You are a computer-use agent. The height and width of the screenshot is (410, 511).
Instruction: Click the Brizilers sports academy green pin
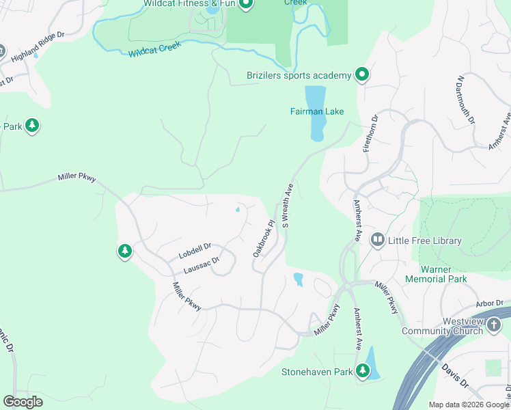361,74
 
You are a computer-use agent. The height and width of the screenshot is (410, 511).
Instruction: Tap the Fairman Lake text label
317,111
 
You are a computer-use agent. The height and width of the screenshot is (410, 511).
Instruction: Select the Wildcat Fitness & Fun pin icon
246,5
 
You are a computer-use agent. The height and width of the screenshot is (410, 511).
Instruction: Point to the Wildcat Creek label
154,52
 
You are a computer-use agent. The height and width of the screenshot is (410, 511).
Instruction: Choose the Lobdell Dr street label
195,251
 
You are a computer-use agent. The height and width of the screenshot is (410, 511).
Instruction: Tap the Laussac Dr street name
200,265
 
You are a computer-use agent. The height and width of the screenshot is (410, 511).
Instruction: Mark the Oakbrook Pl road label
263,238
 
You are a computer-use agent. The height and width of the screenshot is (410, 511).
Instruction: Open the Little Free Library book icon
377,240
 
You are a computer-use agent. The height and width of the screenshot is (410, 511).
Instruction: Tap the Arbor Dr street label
489,303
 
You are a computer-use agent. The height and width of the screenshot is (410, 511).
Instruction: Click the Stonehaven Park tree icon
362,371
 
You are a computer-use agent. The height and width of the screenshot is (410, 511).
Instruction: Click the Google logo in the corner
23,402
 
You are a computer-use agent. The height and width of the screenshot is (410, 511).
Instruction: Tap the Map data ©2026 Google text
469,405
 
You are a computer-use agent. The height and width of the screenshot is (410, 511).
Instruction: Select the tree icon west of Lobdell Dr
124,251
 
